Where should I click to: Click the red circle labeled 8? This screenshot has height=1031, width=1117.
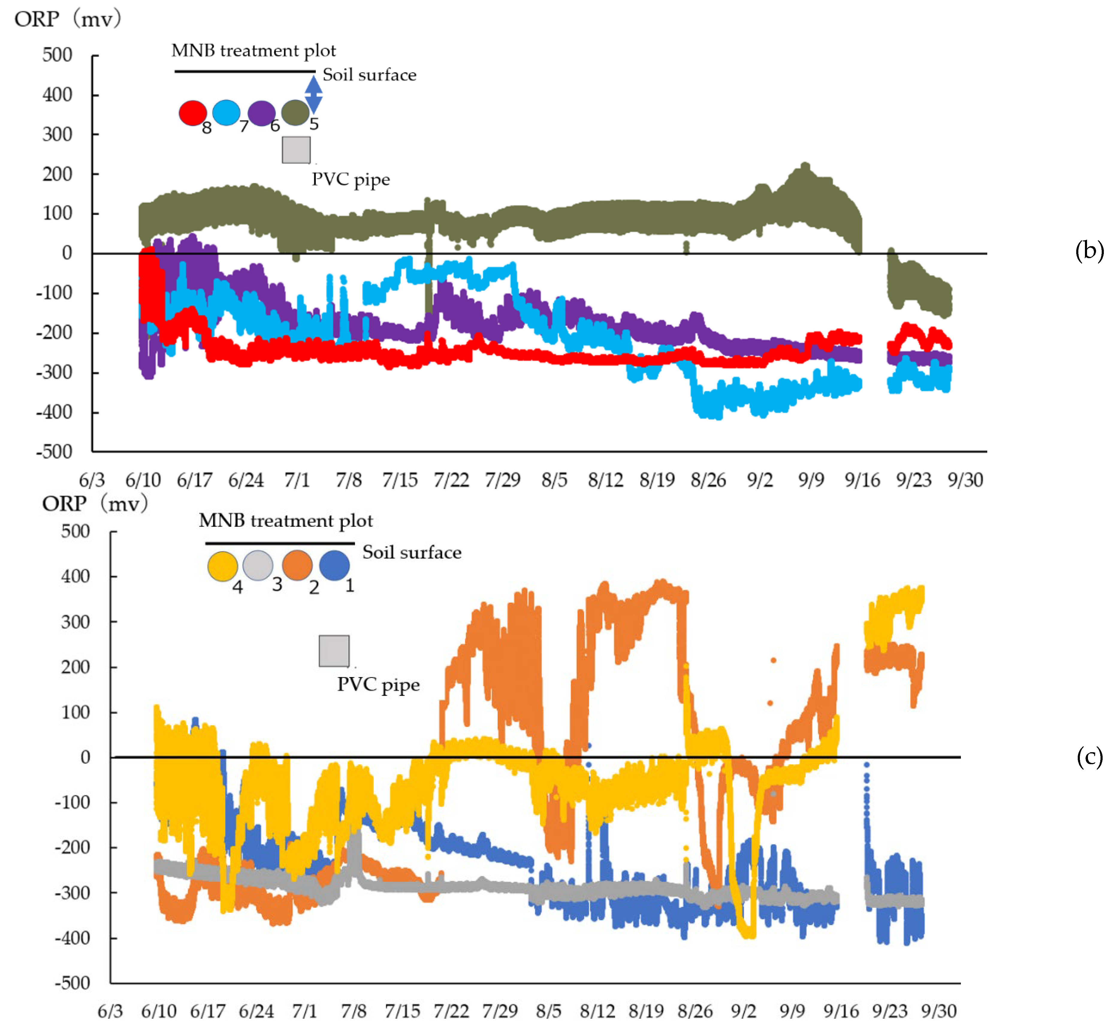193,113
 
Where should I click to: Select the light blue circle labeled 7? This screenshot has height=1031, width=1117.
226,113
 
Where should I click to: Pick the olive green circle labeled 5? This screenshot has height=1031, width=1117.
295,113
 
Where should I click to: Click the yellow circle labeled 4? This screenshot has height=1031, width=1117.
222,566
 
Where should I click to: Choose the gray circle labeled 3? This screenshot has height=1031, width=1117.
257,565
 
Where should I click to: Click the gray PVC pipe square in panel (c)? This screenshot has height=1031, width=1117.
334,650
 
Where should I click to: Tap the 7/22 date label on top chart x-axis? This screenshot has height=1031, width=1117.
451,480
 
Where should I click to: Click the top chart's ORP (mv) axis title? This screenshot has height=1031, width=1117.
67,19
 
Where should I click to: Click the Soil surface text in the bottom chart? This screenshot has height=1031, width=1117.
411,552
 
